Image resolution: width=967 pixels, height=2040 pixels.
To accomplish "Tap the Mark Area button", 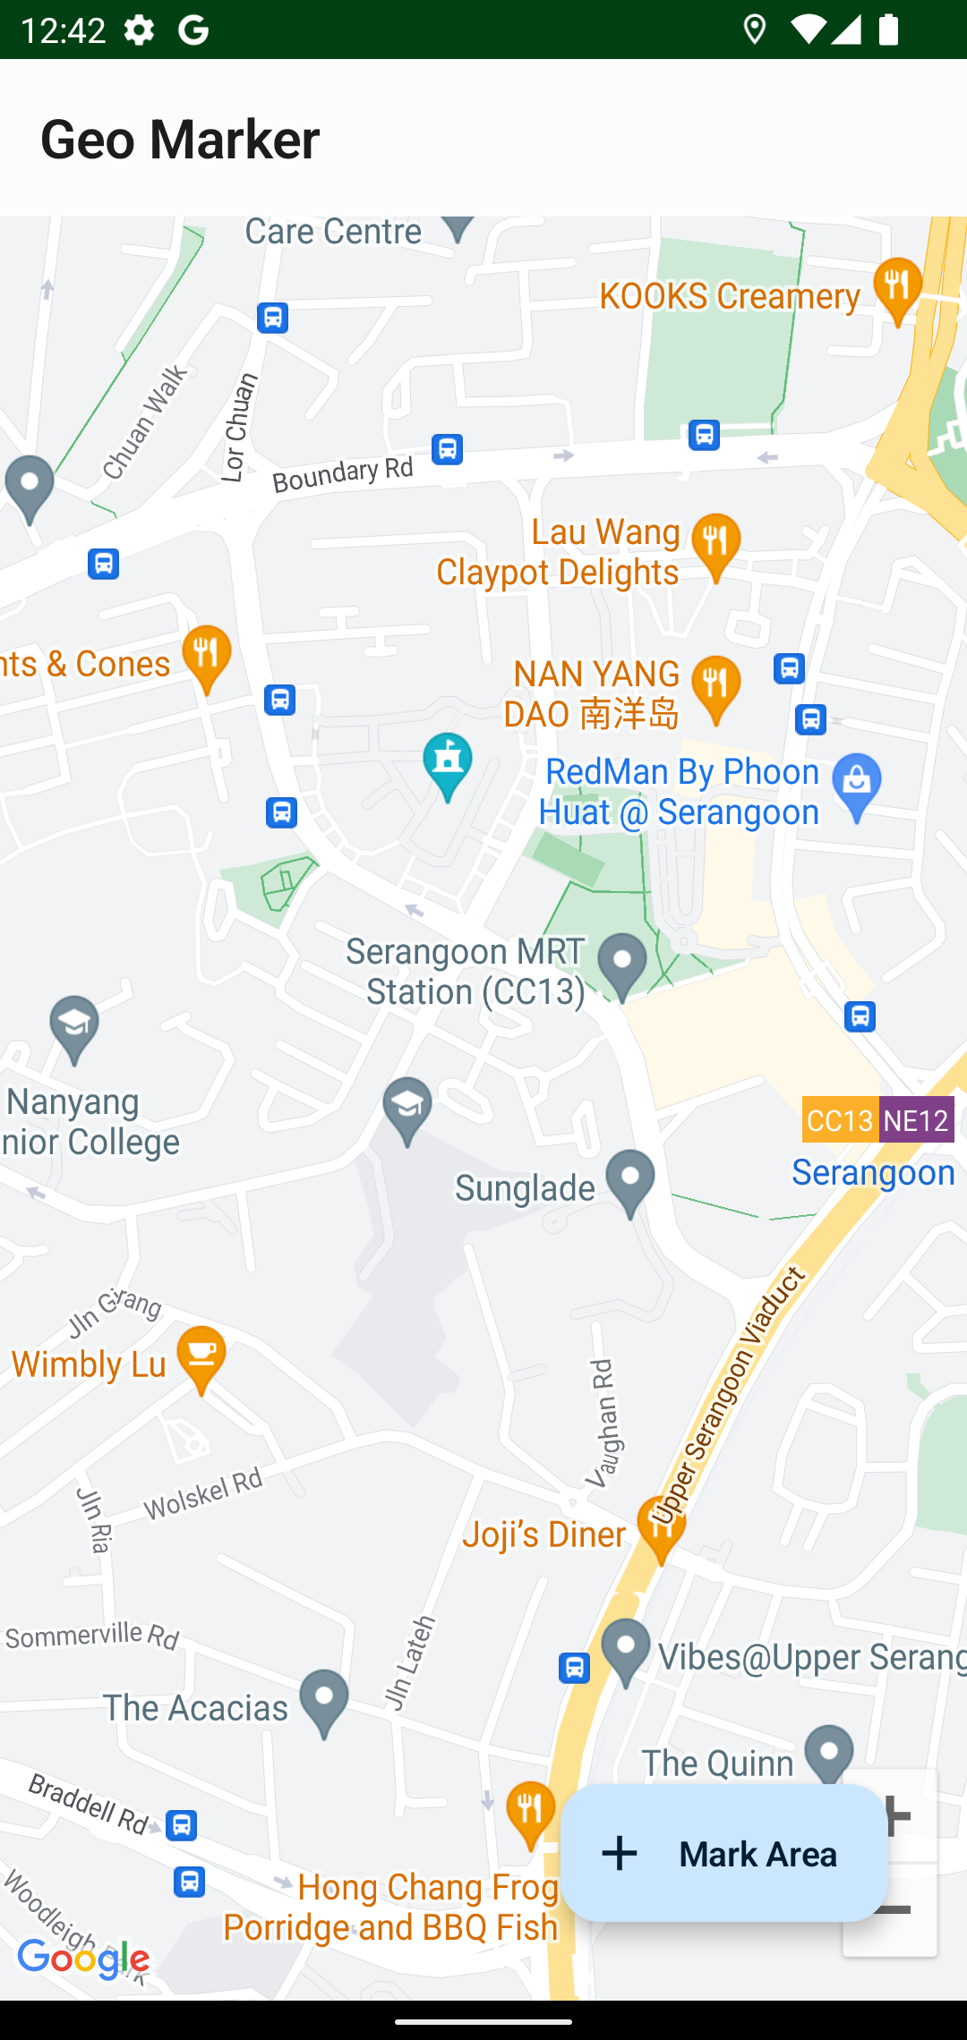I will coord(723,1854).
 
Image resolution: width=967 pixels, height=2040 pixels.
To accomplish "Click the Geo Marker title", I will coord(180,140).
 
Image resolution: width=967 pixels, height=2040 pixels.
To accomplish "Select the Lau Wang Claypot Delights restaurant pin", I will coord(715,544).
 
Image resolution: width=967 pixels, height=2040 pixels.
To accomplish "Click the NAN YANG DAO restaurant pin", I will coord(715,687).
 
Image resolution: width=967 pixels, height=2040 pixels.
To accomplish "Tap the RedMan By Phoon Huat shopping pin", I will coord(857,785).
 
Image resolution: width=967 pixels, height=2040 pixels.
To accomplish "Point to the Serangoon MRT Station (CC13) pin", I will coord(622,965).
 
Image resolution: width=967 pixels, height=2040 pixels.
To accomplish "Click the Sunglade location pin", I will coord(630,1180).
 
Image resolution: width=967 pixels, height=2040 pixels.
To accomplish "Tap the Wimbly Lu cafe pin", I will coord(201,1356).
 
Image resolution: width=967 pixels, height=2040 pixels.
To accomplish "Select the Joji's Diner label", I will coord(543,1534).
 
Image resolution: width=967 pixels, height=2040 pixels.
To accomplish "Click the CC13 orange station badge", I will coord(840,1120).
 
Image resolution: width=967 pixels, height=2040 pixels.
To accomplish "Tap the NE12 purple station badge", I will coord(915,1120).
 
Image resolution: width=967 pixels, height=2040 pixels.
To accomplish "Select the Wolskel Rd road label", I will coord(203,1494).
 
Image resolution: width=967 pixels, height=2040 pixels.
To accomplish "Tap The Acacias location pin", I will coord(324,1700).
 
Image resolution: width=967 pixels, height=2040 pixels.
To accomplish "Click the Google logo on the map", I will coord(83,1959).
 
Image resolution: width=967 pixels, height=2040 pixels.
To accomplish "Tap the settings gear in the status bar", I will coord(139,30).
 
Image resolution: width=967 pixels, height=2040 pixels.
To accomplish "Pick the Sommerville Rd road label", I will coord(92,1636).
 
